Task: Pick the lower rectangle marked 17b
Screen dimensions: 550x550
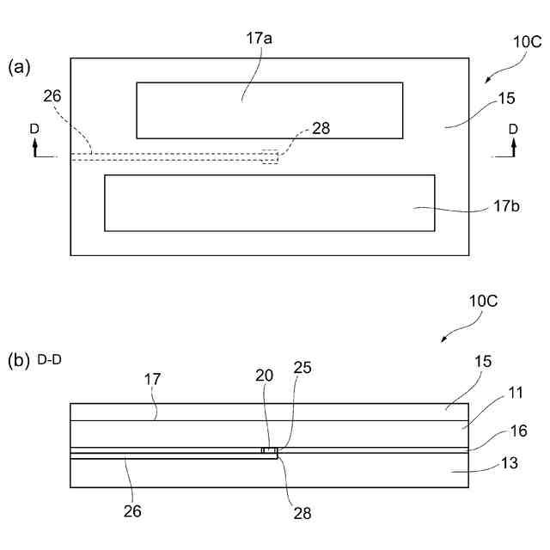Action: pos(269,203)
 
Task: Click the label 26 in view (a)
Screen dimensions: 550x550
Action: pos(52,96)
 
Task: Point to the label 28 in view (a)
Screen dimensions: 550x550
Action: pos(321,128)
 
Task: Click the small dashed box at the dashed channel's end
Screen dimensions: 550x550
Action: pos(271,157)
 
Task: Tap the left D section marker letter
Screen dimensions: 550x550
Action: pos(34,128)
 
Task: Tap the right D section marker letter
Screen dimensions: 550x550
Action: pos(513,128)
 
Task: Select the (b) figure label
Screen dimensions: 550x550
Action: pos(20,359)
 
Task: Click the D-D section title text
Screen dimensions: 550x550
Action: pos(50,359)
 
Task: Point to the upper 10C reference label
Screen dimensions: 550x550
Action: pos(528,40)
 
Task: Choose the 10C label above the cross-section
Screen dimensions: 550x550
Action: pos(484,302)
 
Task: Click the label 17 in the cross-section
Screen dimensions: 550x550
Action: pos(152,377)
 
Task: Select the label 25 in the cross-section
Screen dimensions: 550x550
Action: pos(302,368)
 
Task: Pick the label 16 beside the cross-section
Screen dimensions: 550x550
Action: pos(518,431)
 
